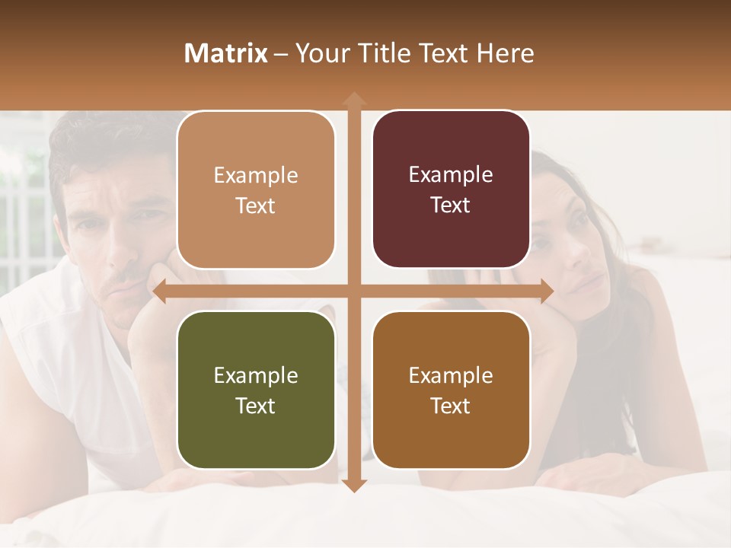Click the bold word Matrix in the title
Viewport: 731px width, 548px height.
(x=226, y=53)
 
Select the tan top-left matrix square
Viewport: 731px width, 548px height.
(x=256, y=190)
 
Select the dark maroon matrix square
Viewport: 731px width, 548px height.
(x=451, y=190)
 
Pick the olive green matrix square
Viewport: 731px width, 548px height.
(x=256, y=390)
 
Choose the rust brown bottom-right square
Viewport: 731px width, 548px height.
(x=451, y=390)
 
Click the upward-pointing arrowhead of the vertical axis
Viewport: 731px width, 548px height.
(x=353, y=98)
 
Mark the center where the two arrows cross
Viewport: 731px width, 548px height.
(x=353, y=292)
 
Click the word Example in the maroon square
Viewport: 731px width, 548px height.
(x=451, y=174)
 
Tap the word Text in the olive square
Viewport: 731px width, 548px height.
(x=256, y=406)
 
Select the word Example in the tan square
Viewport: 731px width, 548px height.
(x=256, y=175)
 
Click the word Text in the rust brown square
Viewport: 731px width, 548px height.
(x=451, y=406)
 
